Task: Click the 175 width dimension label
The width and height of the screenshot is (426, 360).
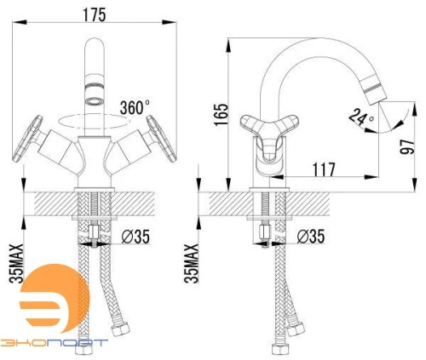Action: coord(95,14)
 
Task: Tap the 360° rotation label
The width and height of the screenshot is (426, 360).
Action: coord(135,107)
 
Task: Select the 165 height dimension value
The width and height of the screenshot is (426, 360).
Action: coord(221,115)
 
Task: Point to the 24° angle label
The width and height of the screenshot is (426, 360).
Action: coord(361,117)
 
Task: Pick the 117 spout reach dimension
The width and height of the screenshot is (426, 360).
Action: coord(324,169)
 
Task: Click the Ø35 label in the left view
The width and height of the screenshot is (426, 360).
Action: coord(135,237)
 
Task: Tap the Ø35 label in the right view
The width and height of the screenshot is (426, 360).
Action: coord(311,237)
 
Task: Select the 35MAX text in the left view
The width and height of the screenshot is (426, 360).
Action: coord(16,263)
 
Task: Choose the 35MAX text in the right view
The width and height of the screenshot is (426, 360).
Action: coord(191,263)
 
